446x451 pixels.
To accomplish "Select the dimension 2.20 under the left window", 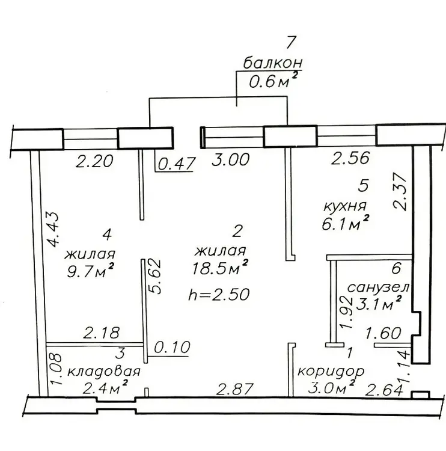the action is [94, 161].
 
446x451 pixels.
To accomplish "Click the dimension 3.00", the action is [230, 159].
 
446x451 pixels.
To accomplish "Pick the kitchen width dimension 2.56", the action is [350, 158].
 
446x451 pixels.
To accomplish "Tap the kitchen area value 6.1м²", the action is [346, 223].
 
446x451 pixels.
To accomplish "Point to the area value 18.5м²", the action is [220, 267].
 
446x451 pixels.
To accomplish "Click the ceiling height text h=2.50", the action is [219, 294].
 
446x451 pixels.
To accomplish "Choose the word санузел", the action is [378, 287].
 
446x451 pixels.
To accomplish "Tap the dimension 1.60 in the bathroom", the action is [383, 333].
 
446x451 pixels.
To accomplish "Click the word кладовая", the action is [104, 372].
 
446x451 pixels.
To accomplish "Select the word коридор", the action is [331, 372].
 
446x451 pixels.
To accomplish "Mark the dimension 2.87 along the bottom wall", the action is [235, 389].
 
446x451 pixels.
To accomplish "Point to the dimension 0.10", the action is [172, 347].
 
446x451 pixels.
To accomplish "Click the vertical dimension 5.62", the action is [154, 277].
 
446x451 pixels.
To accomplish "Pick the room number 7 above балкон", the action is [290, 43].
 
